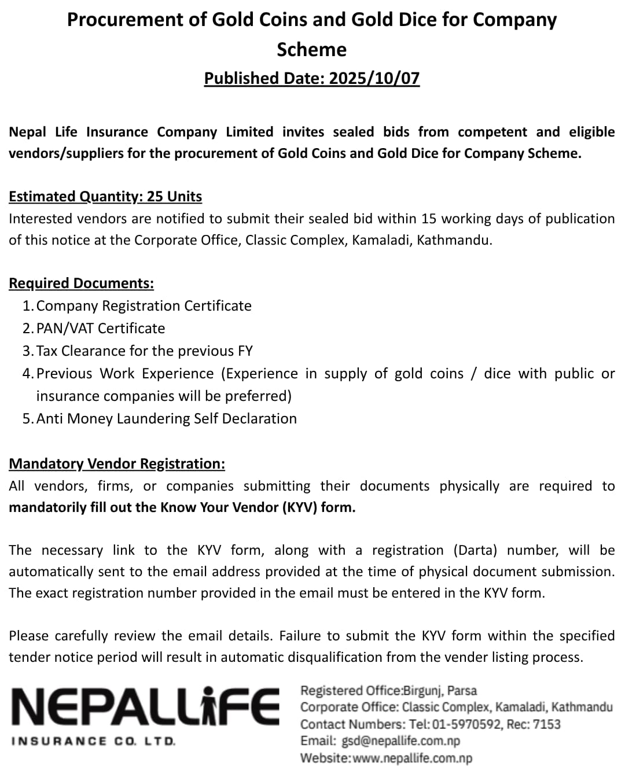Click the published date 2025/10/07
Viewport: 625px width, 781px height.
click(374, 78)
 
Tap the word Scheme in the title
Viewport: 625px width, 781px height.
click(311, 50)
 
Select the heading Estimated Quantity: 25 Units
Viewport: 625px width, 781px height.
click(105, 197)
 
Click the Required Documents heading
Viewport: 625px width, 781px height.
click(81, 283)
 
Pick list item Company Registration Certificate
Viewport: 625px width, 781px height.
click(144, 305)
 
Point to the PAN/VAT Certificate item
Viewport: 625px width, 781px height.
click(100, 328)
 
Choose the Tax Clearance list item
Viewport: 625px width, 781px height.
click(144, 351)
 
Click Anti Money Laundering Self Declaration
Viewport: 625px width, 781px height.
click(166, 418)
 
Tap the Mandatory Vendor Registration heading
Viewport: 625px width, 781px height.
click(117, 463)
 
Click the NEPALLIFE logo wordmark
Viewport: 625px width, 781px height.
click(145, 706)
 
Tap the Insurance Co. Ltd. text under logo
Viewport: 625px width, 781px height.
click(93, 741)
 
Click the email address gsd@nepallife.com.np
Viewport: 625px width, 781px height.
click(401, 741)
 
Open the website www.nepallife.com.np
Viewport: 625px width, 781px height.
click(412, 758)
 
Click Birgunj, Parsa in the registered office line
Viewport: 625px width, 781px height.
click(440, 690)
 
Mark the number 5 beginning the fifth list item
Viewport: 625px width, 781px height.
click(27, 418)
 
